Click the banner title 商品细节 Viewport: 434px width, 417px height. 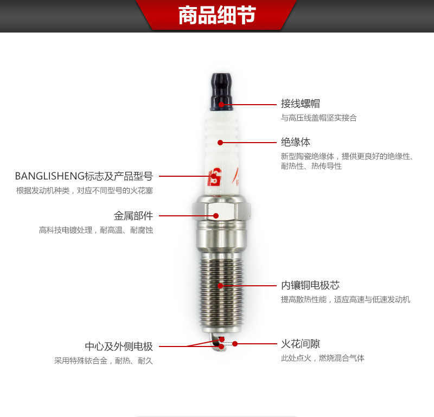pyautogui.click(x=217, y=15)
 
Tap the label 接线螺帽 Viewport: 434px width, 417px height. pyautogui.click(x=301, y=104)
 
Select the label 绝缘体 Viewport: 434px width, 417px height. pyautogui.click(x=296, y=142)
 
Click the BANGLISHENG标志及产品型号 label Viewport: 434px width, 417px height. pyautogui.click(x=84, y=176)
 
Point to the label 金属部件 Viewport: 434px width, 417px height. pyautogui.click(x=133, y=216)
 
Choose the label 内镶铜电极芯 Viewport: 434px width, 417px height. pyautogui.click(x=310, y=285)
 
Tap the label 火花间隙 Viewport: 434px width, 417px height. pyautogui.click(x=301, y=344)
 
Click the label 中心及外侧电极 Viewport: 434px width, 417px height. pyautogui.click(x=119, y=347)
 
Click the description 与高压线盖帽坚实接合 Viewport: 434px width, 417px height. pyautogui.click(x=319, y=118)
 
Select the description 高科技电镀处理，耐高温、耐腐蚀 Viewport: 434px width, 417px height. pyautogui.click(x=96, y=230)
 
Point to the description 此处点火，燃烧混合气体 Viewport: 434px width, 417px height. pyautogui.click(x=323, y=358)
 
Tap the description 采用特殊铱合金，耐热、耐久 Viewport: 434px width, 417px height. pyautogui.click(x=104, y=361)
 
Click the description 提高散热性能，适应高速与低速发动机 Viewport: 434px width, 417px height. pyautogui.click(x=346, y=299)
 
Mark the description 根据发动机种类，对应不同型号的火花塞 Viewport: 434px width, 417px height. pyautogui.click(x=85, y=190)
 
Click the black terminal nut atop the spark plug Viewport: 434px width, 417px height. pyautogui.click(x=221, y=92)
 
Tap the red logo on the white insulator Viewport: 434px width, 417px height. pyautogui.click(x=215, y=177)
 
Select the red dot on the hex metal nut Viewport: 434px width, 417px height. pyautogui.click(x=216, y=216)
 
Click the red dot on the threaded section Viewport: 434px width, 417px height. pyautogui.click(x=220, y=286)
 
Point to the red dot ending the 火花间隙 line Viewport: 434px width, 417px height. pyautogui.click(x=235, y=344)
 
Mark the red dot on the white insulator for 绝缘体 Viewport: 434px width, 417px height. pyautogui.click(x=220, y=143)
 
